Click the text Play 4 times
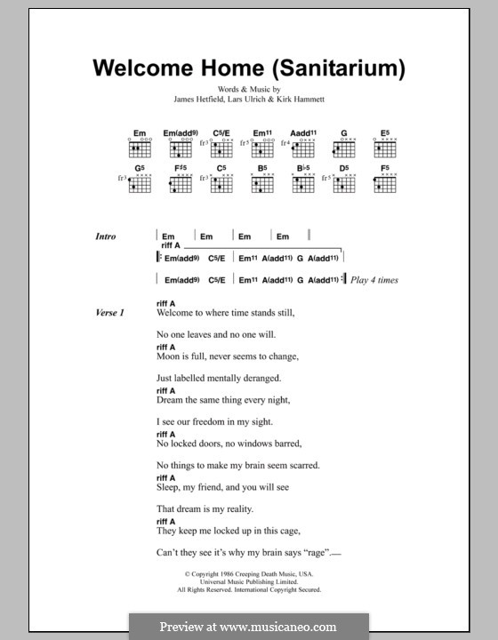374,280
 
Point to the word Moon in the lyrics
169,356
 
